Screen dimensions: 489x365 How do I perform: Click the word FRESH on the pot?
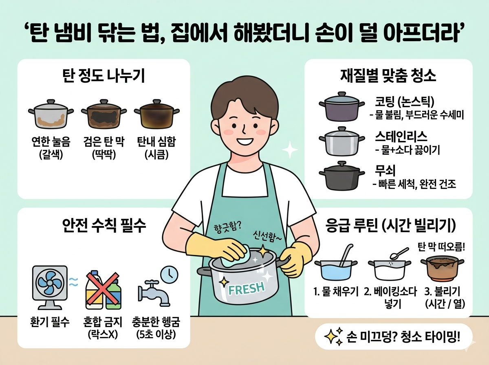247,289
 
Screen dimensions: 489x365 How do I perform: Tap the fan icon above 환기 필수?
50,287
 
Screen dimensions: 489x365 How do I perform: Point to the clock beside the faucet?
170,274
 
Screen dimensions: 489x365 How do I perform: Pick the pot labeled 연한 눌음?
51,114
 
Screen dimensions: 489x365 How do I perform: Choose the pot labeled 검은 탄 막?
104,114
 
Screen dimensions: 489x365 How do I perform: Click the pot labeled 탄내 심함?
156,114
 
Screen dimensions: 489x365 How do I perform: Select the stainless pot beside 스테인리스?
342,141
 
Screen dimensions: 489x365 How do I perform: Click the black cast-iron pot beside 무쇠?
342,176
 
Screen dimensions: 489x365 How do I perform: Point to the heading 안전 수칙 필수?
104,226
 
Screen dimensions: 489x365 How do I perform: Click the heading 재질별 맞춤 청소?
388,76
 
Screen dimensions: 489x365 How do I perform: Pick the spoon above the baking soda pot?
400,254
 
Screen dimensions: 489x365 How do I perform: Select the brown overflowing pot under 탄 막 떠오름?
442,269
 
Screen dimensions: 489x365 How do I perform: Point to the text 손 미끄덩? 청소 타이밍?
403,336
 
